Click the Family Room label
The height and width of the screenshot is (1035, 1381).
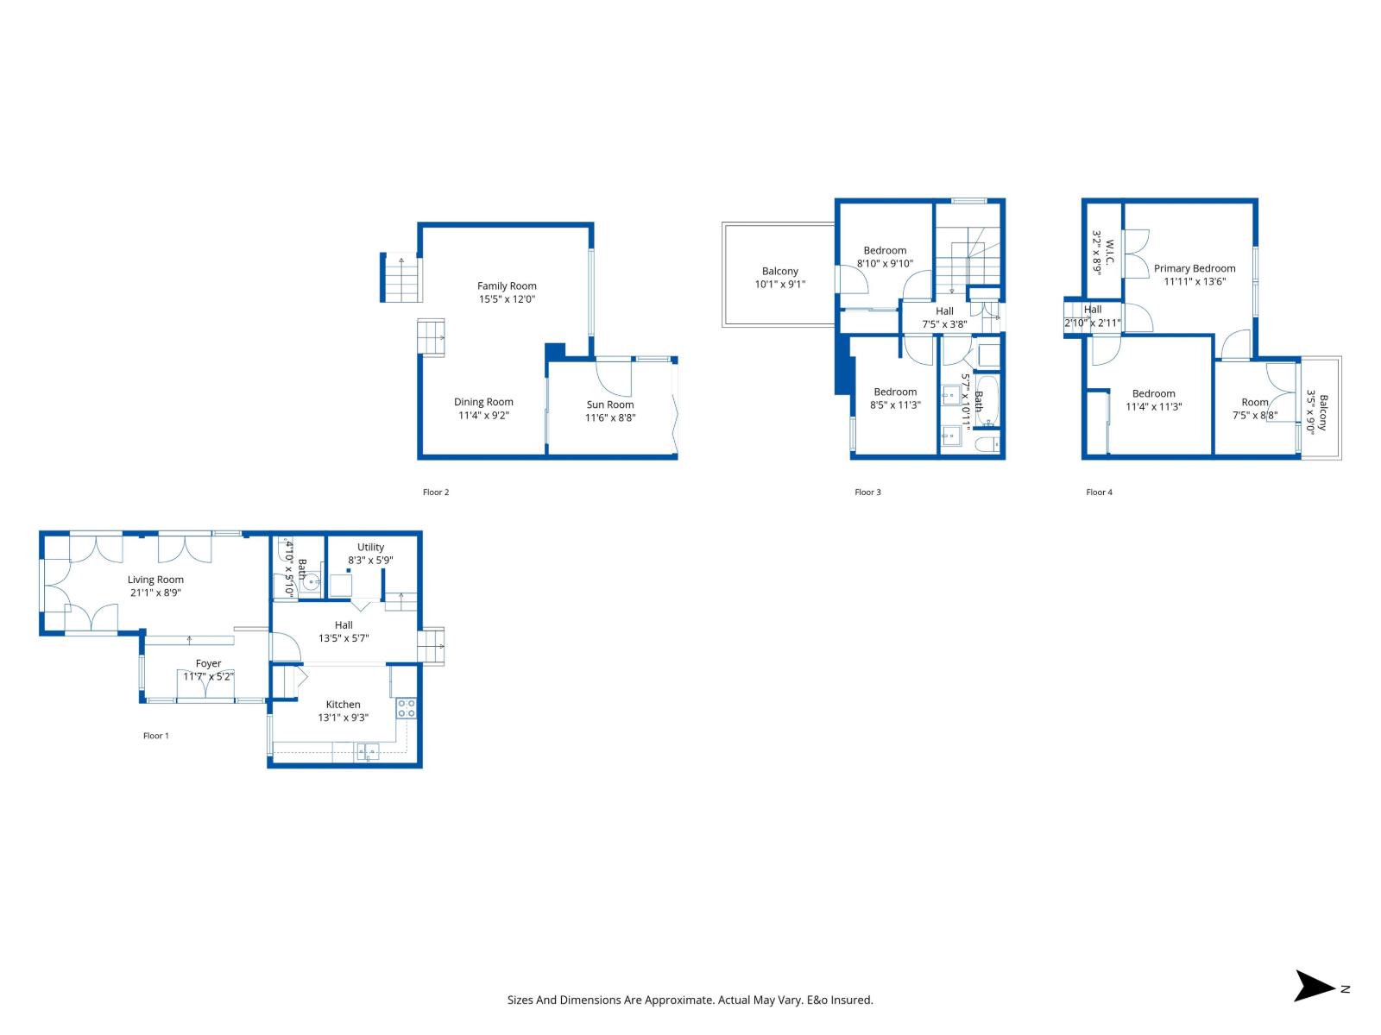click(x=507, y=285)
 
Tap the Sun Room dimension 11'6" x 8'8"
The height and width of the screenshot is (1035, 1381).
click(x=610, y=417)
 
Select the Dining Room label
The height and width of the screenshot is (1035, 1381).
click(x=483, y=402)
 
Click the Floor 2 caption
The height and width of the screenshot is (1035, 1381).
click(x=436, y=492)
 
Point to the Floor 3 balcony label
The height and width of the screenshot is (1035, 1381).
click(x=780, y=271)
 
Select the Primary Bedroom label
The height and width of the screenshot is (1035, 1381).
click(x=1195, y=268)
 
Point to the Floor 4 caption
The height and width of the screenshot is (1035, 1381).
click(x=1099, y=492)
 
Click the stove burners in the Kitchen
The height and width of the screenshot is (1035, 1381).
click(x=406, y=709)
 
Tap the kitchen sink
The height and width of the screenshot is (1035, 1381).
click(x=367, y=752)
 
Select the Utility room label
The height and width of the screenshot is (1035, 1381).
click(x=370, y=547)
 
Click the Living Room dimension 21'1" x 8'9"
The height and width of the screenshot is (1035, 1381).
click(x=155, y=593)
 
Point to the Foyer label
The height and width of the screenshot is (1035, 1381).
click(x=208, y=663)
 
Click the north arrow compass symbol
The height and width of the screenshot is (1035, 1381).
click(x=1315, y=986)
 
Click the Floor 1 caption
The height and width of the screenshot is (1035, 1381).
click(x=156, y=736)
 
